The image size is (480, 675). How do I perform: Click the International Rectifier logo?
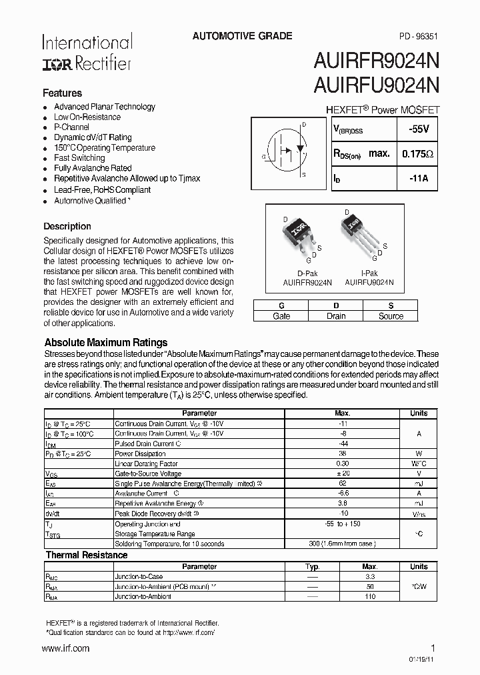(87, 52)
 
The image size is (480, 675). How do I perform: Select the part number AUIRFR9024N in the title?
(376, 61)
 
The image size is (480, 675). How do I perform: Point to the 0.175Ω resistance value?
(418, 154)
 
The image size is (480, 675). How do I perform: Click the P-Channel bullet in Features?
(71, 127)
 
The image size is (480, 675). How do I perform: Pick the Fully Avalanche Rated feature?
(93, 169)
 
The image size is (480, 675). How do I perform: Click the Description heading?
(67, 226)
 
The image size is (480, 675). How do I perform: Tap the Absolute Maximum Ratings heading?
(105, 343)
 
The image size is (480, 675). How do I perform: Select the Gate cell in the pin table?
(281, 316)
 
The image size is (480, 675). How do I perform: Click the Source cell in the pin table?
(391, 316)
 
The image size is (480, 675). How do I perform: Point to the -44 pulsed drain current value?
(343, 444)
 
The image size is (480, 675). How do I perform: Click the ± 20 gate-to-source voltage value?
(343, 474)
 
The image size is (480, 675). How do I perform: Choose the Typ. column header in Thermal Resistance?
(312, 566)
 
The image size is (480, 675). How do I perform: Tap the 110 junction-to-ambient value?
(369, 596)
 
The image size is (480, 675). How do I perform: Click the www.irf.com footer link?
(65, 648)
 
